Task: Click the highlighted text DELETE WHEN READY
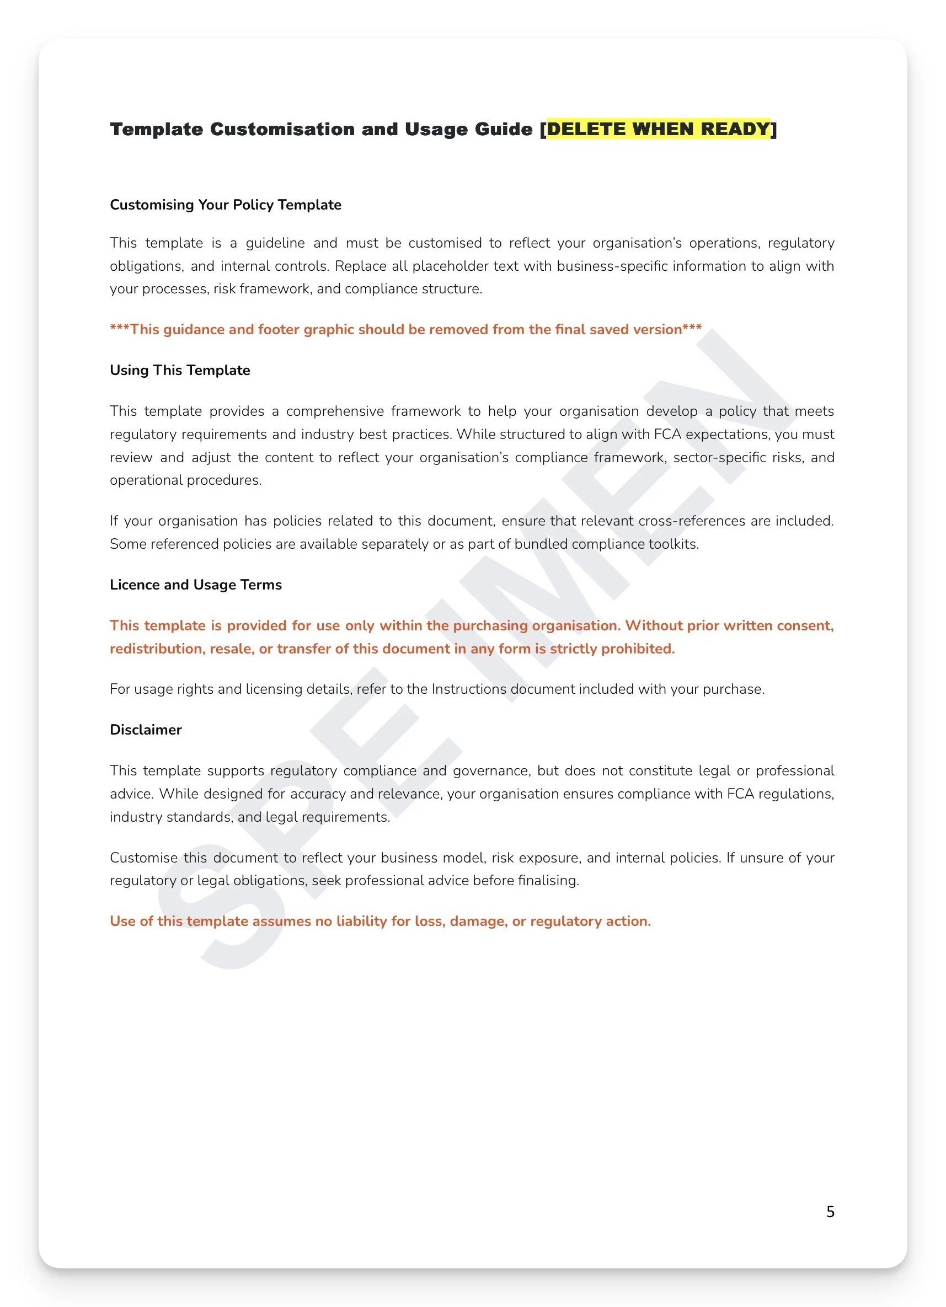pyautogui.click(x=658, y=128)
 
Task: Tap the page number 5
pyautogui.click(x=830, y=1212)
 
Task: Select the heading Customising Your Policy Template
pyautogui.click(x=226, y=205)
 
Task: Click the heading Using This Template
pyautogui.click(x=180, y=370)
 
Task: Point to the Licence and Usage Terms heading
pyautogui.click(x=195, y=585)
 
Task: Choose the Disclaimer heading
pyautogui.click(x=145, y=730)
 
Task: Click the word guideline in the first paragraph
pyautogui.click(x=275, y=243)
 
